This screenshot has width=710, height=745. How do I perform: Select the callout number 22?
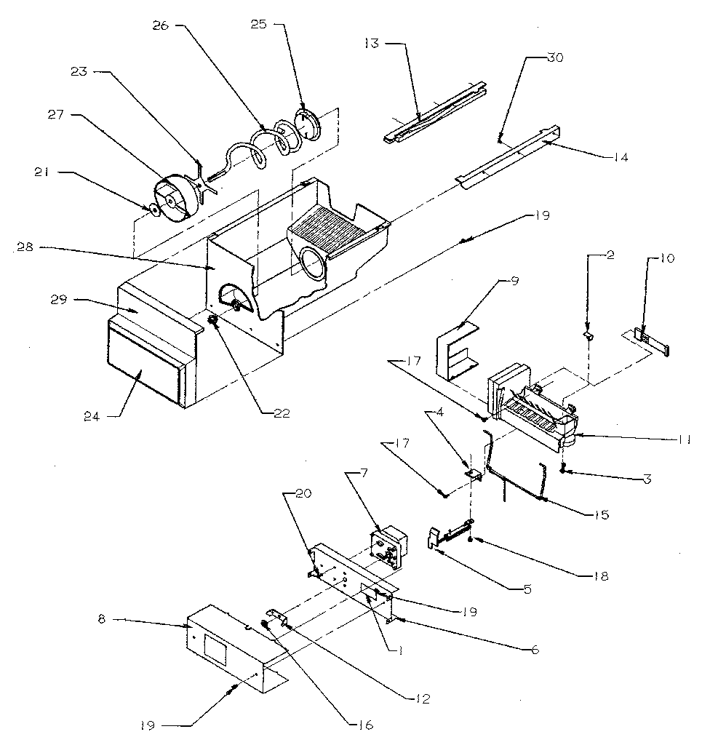(x=280, y=413)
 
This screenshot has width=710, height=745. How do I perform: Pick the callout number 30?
(x=554, y=59)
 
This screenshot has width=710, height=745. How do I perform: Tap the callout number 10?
(x=668, y=258)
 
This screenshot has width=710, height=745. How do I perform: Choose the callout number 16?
(x=364, y=725)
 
